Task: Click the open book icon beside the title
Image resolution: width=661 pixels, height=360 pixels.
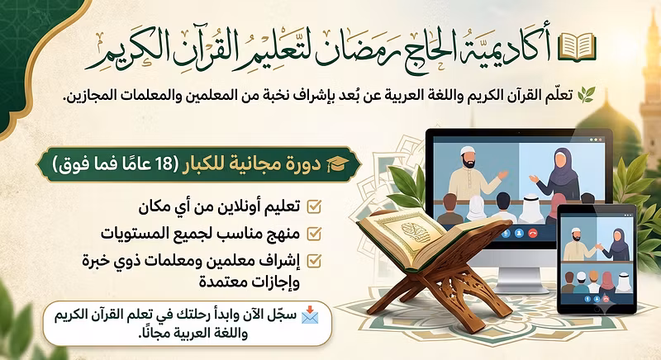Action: [x=577, y=46]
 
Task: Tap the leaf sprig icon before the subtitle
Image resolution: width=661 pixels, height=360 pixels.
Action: [x=586, y=95]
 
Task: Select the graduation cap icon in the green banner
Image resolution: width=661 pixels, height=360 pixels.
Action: [x=336, y=164]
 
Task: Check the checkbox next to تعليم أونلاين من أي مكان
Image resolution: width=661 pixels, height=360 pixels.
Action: [x=314, y=206]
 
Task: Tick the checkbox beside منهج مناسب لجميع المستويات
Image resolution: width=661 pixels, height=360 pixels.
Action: [x=314, y=234]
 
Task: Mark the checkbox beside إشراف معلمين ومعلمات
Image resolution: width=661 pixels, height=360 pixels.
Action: [x=314, y=261]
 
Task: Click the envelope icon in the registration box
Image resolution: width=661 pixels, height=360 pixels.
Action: [x=310, y=315]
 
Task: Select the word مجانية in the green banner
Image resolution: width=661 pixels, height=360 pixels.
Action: [x=262, y=164]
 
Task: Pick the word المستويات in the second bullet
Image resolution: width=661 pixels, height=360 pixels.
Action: [x=140, y=234]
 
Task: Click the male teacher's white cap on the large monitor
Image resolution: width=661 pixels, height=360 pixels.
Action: [x=468, y=151]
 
